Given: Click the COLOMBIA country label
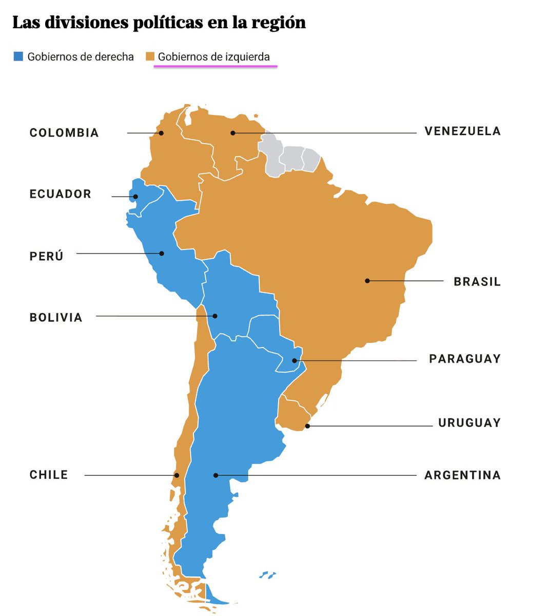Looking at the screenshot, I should tap(64, 133).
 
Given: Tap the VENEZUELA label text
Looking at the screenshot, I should tap(462, 131).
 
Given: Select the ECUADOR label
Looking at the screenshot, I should tap(60, 194).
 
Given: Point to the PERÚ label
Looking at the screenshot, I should tap(47, 256).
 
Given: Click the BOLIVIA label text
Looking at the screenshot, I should tap(56, 317).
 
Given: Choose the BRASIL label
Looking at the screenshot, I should tap(477, 282).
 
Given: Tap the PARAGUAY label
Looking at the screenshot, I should tap(464, 359).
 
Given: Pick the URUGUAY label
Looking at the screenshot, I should tap(469, 423).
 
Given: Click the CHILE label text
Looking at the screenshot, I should tap(49, 475).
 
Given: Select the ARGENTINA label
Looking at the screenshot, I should tap(462, 475).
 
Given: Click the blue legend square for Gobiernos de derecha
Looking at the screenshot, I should tap(18, 56).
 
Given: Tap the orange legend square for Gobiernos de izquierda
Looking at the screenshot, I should tap(150, 56).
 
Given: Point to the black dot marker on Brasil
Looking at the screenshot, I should tap(367, 281).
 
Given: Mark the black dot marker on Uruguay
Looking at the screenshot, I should tap(307, 426).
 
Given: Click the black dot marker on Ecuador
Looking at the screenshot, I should tap(135, 197).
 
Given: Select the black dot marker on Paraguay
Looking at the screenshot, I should tap(295, 360).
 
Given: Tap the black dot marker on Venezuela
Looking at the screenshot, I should tap(232, 133).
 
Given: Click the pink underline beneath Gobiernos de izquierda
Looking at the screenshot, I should tap(216, 66).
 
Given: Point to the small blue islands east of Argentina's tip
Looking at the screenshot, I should tap(267, 575).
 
